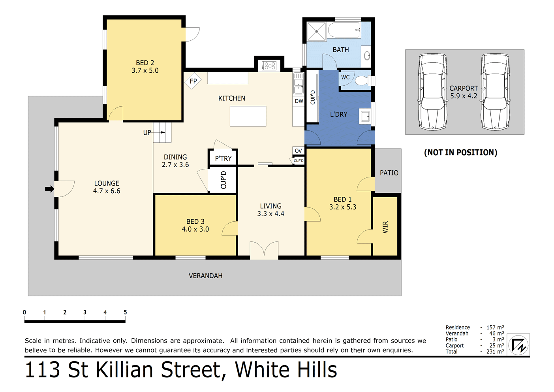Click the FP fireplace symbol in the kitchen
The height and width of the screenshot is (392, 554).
pyautogui.click(x=193, y=81)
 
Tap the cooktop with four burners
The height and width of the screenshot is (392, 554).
pyautogui.click(x=270, y=66)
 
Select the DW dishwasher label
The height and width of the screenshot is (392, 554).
pyautogui.click(x=299, y=101)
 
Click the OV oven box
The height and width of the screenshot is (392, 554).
pyautogui.click(x=299, y=151)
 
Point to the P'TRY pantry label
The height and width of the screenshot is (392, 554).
pyautogui.click(x=223, y=158)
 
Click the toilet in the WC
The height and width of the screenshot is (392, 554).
pyautogui.click(x=362, y=81)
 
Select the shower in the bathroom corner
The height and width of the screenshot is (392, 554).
pyautogui.click(x=316, y=31)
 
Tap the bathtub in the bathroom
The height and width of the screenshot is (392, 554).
pyautogui.click(x=344, y=30)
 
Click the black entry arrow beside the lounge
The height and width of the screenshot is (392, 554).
pyautogui.click(x=49, y=189)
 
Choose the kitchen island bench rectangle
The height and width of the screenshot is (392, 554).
pyautogui.click(x=248, y=116)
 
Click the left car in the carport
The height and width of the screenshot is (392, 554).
pyautogui.click(x=433, y=92)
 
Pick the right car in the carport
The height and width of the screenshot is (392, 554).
pyautogui.click(x=495, y=92)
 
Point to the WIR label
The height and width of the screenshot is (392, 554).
pyautogui.click(x=385, y=227)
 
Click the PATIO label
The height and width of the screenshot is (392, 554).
pyautogui.click(x=389, y=173)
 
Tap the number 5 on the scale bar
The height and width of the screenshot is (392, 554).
pyautogui.click(x=125, y=312)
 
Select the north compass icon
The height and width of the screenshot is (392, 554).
pyautogui.click(x=518, y=345)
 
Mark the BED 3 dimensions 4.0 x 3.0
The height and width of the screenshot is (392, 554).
pyautogui.click(x=195, y=229)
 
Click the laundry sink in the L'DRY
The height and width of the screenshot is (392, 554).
pyautogui.click(x=366, y=117)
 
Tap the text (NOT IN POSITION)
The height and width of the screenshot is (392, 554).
pyautogui.click(x=460, y=153)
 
